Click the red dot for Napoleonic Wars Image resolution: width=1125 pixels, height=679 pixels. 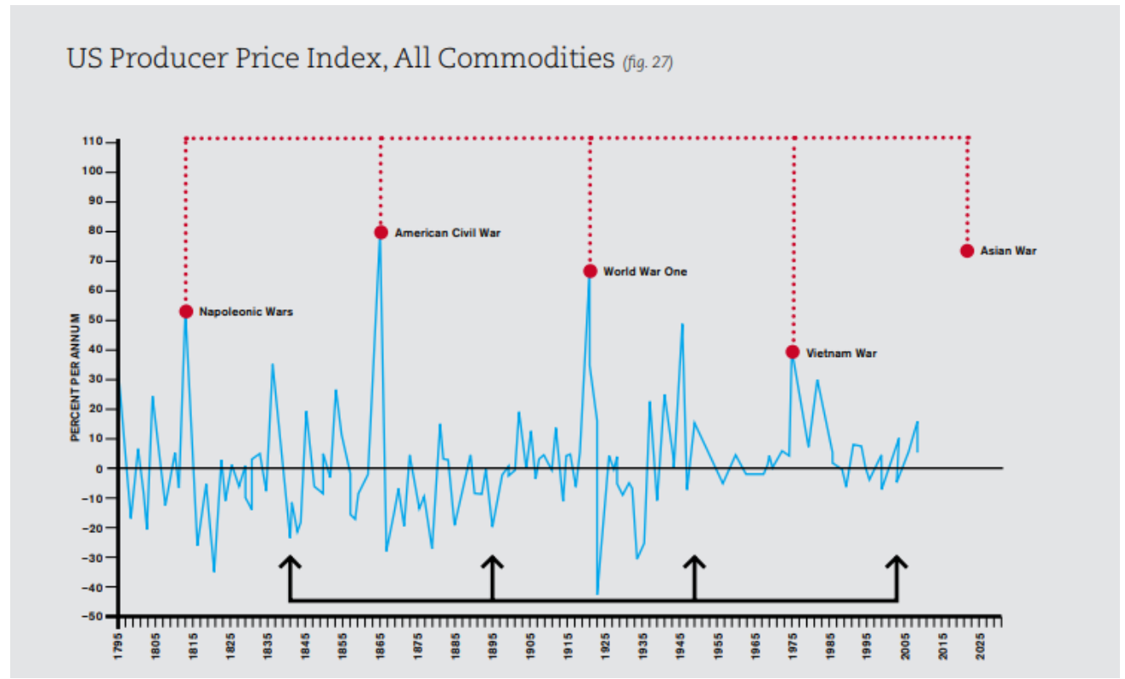pos(186,311)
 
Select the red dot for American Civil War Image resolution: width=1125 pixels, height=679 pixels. pos(381,232)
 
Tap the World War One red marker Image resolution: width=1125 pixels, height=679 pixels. pos(590,271)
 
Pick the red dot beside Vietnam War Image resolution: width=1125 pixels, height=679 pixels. pos(793,352)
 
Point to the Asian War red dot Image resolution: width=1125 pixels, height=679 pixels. pos(967,251)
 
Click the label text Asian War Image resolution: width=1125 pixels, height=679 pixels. pos(1008,251)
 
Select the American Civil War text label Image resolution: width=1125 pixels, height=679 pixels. pos(448,232)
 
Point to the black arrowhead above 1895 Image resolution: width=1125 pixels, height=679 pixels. pos(492,562)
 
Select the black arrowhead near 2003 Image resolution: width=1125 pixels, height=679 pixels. pos(896,562)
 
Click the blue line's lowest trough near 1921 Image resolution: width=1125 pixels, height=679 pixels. pos(597,593)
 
